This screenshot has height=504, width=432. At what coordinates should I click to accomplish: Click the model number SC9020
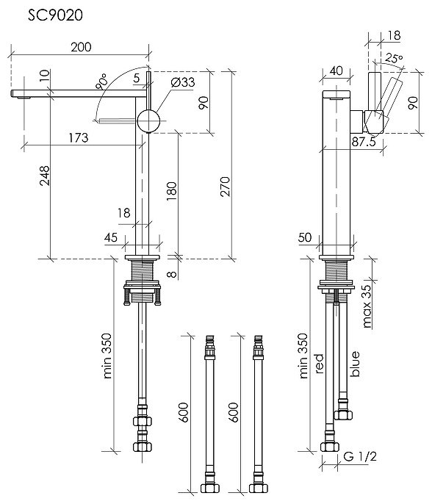point(55,15)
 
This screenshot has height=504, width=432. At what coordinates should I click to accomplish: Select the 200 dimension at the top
point(81,47)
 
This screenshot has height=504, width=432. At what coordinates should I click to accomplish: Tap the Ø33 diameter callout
point(182,82)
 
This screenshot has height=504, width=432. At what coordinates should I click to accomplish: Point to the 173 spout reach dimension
point(79,137)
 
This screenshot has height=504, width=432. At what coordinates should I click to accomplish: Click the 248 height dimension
point(45,176)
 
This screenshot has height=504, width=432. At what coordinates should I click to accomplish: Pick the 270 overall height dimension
point(226,187)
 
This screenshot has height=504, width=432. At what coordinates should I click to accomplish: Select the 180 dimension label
point(172,191)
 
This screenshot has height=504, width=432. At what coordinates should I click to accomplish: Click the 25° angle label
point(394,58)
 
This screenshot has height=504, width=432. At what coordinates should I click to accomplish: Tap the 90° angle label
point(101,82)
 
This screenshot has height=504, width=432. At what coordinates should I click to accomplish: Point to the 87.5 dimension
point(364,142)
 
